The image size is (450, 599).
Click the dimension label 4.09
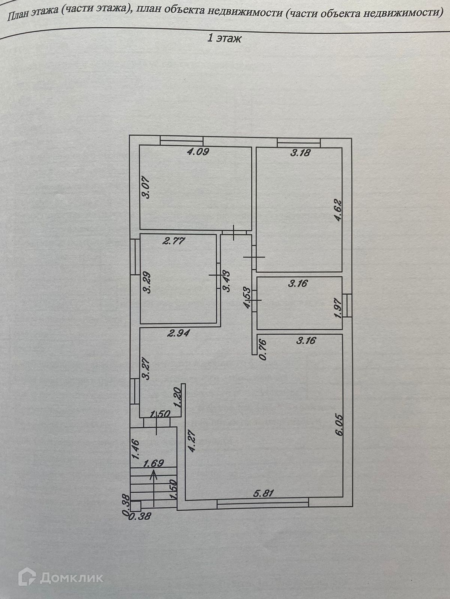pyautogui.click(x=198, y=152)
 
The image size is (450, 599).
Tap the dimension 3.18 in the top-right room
pyautogui.click(x=300, y=153)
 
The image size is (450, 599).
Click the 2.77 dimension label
pyautogui.click(x=174, y=241)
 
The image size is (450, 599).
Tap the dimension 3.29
pyautogui.click(x=147, y=283)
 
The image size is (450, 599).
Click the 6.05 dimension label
pyautogui.click(x=339, y=425)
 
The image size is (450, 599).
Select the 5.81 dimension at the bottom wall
pyautogui.click(x=264, y=493)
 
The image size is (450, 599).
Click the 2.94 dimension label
pyautogui.click(x=179, y=333)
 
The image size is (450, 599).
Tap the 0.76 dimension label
pyautogui.click(x=263, y=349)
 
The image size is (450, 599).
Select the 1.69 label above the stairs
pyautogui.click(x=153, y=463)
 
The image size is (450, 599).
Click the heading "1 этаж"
pyautogui.click(x=225, y=38)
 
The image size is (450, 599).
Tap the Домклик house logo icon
pyautogui.click(x=27, y=577)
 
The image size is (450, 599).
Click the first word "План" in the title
pyautogui.click(x=17, y=15)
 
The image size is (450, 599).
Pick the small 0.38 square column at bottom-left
pyautogui.click(x=135, y=506)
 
